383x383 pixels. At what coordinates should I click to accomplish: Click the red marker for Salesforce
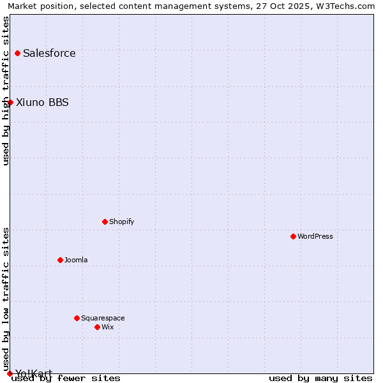(17, 53)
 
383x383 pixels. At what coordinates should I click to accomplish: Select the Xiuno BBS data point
(10, 102)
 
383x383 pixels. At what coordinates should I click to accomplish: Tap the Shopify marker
(105, 222)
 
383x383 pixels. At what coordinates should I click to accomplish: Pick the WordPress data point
(293, 236)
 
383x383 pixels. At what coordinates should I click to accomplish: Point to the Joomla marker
(60, 260)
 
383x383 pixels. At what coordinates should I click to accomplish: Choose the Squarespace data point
(77, 318)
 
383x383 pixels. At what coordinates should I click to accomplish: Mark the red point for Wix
(97, 327)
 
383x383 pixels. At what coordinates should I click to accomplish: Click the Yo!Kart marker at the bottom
(10, 373)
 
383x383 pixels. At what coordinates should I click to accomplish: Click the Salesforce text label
(49, 53)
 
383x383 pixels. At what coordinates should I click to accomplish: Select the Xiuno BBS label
(42, 102)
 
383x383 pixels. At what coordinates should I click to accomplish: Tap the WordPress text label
(315, 236)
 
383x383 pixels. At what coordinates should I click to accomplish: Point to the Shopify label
(121, 222)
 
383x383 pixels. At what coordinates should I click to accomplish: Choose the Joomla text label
(76, 260)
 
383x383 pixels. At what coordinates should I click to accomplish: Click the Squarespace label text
(103, 318)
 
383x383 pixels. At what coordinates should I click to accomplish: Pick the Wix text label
(107, 327)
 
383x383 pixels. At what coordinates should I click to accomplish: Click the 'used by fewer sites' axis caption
(66, 378)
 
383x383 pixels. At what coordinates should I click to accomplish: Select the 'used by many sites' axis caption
(320, 378)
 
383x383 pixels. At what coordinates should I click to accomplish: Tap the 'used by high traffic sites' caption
(6, 91)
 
